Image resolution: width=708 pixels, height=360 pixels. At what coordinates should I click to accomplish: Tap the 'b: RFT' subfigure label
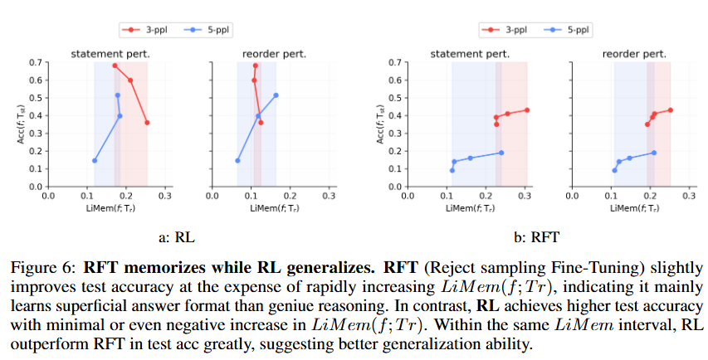(x=531, y=238)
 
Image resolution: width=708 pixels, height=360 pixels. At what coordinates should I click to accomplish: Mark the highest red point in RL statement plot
(x=115, y=66)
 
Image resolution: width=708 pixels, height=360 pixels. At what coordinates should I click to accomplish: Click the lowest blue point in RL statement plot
(x=95, y=161)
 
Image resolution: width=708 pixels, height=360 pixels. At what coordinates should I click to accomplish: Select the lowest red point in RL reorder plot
(x=261, y=123)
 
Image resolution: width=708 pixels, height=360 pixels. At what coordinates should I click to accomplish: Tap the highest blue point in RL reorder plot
(x=276, y=95)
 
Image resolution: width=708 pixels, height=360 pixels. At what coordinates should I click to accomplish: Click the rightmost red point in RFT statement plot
(x=526, y=110)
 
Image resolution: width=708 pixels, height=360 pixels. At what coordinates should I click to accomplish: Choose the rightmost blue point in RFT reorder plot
(x=654, y=153)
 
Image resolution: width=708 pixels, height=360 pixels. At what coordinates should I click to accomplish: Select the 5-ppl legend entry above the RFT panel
(x=571, y=30)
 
